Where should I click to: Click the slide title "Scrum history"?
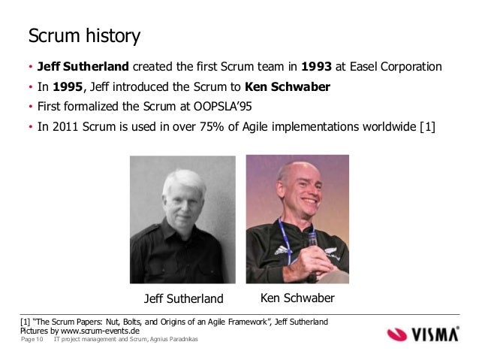pyautogui.click(x=83, y=35)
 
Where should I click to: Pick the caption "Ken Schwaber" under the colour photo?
pyautogui.click(x=297, y=299)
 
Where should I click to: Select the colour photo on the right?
pyautogui.click(x=297, y=219)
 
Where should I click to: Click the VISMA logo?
pyautogui.click(x=425, y=333)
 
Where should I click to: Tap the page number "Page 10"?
pyautogui.click(x=31, y=341)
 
